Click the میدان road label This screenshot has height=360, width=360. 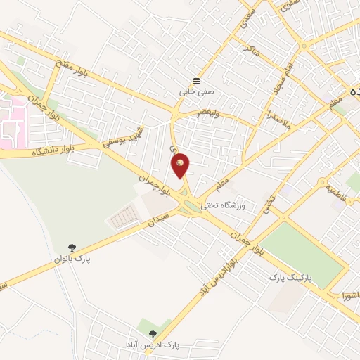click(x=157, y=223)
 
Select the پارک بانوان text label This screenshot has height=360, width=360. click(x=73, y=259)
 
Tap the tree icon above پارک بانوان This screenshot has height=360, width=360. click(x=72, y=247)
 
